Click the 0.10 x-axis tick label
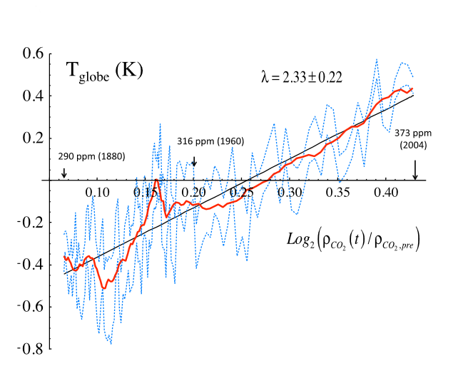coord(97,193)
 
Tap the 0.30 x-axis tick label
coord(290,193)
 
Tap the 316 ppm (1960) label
coord(210,141)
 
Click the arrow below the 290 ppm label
coord(63,173)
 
